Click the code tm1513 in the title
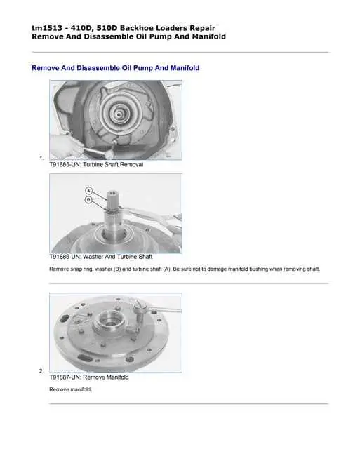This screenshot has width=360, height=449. [x=47, y=28]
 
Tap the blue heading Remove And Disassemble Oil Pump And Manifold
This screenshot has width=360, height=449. [x=115, y=68]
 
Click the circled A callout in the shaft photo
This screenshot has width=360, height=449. [x=89, y=191]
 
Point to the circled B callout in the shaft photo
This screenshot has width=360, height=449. [x=89, y=199]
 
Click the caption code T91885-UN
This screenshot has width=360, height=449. [x=65, y=165]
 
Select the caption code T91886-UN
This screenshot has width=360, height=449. [x=65, y=257]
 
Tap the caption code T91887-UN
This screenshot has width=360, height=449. [x=65, y=377]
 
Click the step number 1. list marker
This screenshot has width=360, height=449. [x=41, y=159]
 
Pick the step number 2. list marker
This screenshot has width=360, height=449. [x=41, y=371]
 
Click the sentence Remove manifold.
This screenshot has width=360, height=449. [x=70, y=390]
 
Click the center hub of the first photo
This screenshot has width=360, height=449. [x=119, y=114]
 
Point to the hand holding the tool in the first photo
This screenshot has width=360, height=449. [x=67, y=145]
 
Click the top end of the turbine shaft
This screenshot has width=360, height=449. [x=112, y=192]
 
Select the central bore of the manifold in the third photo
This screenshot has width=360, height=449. [x=110, y=322]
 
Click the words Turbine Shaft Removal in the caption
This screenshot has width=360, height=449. [x=113, y=165]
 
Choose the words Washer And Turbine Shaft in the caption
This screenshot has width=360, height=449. [x=117, y=257]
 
